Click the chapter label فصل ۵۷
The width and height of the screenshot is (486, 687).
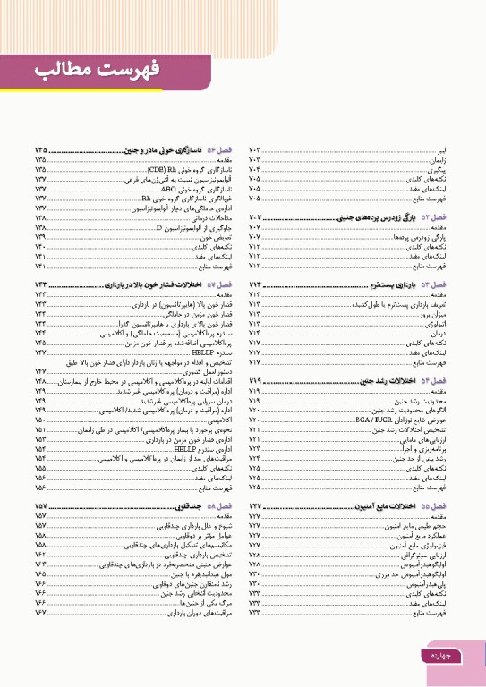click(217, 284)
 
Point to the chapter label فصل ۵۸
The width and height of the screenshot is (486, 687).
click(217, 506)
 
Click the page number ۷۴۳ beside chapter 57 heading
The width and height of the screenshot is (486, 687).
click(40, 284)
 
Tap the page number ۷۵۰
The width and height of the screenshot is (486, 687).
click(40, 420)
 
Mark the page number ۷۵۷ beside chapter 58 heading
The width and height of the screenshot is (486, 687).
click(40, 506)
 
